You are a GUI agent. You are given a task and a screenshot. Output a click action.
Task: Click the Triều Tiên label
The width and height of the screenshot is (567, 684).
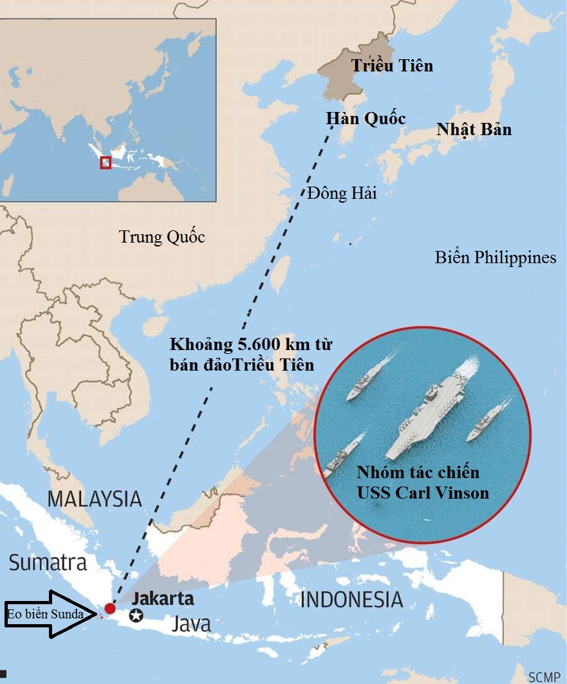pyautogui.click(x=392, y=66)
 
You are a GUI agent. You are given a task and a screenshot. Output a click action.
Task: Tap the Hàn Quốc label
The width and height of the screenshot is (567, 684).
pyautogui.click(x=366, y=119)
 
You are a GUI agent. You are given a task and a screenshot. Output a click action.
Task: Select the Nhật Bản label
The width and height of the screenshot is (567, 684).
pyautogui.click(x=474, y=129)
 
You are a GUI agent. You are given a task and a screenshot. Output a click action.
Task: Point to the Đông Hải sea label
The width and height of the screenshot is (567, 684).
pyautogui.click(x=342, y=193)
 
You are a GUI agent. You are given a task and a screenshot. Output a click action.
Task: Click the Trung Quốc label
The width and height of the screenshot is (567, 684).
pyautogui.click(x=162, y=237)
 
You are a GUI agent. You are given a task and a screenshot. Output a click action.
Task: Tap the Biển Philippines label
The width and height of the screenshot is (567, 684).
pyautogui.click(x=495, y=258)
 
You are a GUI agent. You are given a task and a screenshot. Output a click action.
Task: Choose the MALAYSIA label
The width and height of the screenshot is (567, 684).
pyautogui.click(x=95, y=498)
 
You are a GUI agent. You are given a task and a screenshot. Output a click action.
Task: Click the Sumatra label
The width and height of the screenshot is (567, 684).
pyautogui.click(x=48, y=563)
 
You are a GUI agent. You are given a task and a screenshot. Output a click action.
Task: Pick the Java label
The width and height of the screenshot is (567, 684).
pyautogui.click(x=191, y=624)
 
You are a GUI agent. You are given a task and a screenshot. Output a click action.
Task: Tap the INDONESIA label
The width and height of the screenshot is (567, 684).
pyautogui.click(x=351, y=600)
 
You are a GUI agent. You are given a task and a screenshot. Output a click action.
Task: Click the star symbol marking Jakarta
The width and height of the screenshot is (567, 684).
pyautogui.click(x=136, y=616)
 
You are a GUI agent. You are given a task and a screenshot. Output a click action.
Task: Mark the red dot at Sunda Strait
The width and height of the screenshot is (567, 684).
pyautogui.click(x=110, y=608)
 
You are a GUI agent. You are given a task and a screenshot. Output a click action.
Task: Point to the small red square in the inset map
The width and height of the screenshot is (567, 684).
pyautogui.click(x=106, y=163)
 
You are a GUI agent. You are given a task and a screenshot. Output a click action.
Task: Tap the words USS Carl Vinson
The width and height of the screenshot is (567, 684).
pyautogui.click(x=418, y=494)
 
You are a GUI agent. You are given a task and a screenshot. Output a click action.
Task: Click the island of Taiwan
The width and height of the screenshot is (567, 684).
pyautogui.click(x=279, y=273)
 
